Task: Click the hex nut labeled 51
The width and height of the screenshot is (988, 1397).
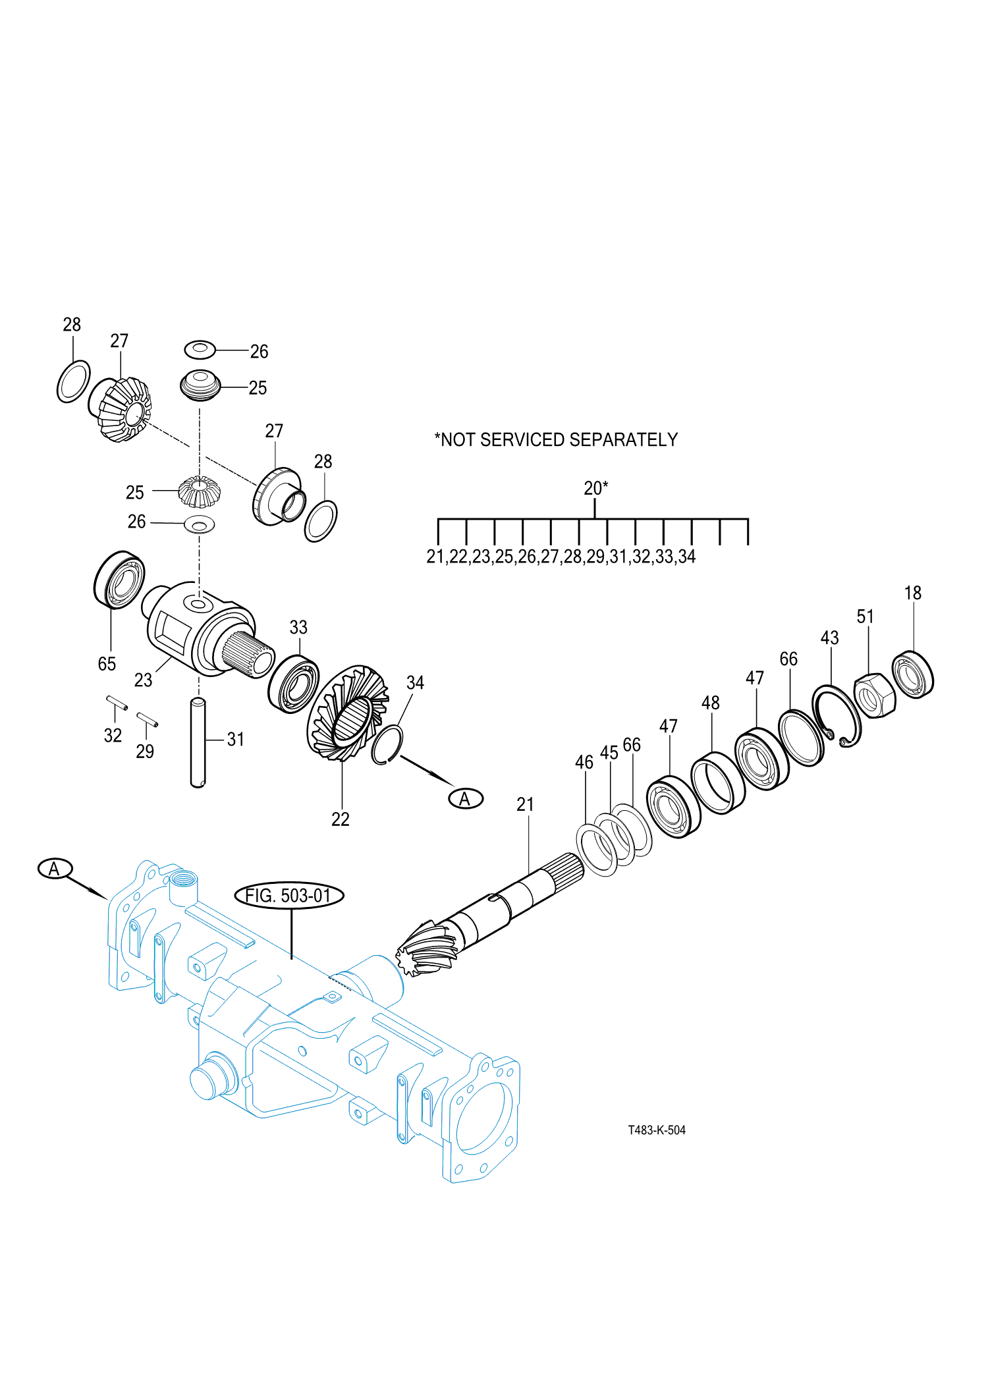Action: pos(875,696)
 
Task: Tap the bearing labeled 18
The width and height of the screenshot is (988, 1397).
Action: pos(913,674)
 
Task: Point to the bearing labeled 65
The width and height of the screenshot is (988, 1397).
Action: pos(119,580)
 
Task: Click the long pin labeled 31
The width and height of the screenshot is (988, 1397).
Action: pos(198,743)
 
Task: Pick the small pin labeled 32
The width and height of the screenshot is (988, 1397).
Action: pos(117,703)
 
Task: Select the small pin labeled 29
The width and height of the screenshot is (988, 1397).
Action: pos(147,719)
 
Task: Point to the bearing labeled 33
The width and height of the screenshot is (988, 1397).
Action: pos(294,684)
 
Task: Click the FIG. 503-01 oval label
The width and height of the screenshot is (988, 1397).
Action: pos(289,896)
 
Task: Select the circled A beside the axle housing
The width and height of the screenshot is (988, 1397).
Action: pos(55,869)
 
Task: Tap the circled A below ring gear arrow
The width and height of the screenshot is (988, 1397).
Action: pos(466,799)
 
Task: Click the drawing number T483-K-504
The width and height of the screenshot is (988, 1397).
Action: pos(657,1130)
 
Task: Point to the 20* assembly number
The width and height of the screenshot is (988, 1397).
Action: pos(595,488)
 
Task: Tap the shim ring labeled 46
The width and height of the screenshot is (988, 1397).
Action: pos(597,849)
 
